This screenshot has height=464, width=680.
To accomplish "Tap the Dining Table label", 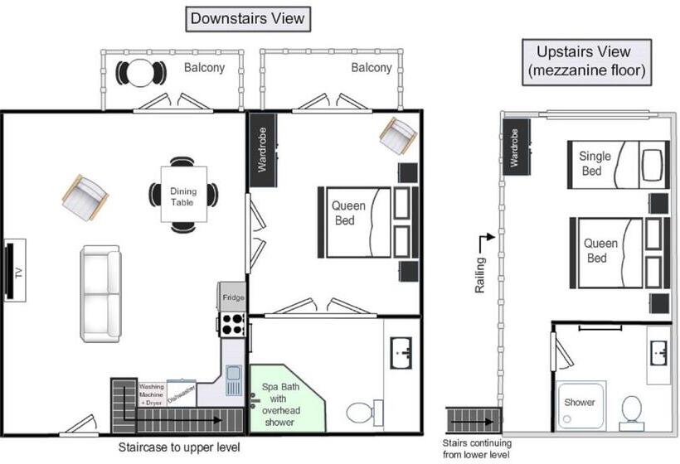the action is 183,196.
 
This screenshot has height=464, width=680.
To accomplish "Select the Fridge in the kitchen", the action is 233,297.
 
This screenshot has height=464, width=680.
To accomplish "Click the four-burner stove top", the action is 232,325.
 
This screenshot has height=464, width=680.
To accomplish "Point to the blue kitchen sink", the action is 234,380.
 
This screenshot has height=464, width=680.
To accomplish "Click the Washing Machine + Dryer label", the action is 152,394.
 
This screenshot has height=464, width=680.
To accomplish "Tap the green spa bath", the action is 287,399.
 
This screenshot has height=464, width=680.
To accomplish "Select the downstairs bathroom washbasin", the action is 401,353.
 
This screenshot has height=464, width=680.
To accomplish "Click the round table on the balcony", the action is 140,73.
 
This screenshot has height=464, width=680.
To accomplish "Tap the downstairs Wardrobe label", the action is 262,149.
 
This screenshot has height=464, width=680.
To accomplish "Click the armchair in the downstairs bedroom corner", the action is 398,135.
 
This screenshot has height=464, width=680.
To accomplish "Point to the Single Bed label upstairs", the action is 595,163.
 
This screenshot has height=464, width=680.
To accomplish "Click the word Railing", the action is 479,275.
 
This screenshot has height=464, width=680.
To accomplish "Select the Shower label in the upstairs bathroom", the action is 580,402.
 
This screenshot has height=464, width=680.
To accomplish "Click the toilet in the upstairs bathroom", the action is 631,413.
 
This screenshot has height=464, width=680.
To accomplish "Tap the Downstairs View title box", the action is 248,19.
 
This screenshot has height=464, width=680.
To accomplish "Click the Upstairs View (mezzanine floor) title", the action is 587,62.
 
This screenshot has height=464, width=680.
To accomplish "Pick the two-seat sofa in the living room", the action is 100,294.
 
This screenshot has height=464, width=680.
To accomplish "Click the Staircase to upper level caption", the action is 179,447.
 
